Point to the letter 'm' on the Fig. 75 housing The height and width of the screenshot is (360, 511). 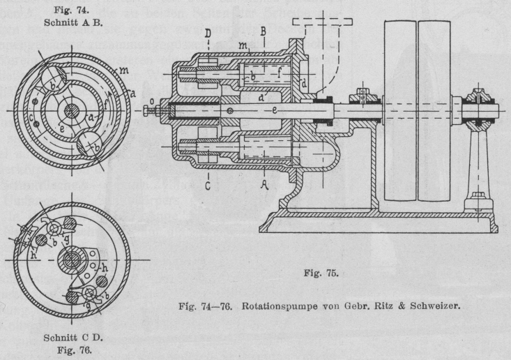(x=243, y=45)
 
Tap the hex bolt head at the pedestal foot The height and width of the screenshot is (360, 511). (x=479, y=197)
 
